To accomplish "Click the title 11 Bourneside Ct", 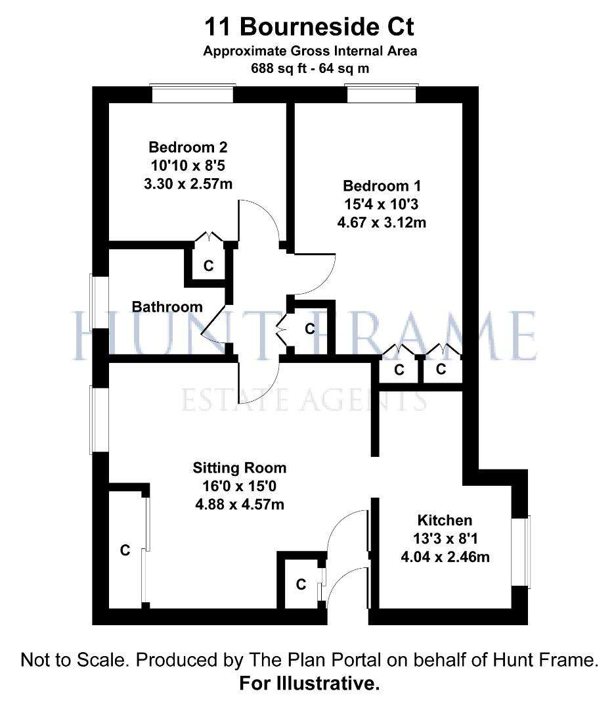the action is click(309, 27).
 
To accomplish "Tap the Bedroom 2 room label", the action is click(188, 147).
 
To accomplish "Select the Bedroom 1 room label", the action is click(382, 185).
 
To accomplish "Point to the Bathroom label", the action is click(167, 306).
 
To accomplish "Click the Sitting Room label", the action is click(239, 468).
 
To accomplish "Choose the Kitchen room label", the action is click(445, 520).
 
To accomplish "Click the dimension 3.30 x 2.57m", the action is click(188, 184).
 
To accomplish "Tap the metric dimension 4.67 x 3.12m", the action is click(382, 222).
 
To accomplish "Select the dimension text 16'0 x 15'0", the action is click(239, 486).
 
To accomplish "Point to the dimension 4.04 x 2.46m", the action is click(445, 557).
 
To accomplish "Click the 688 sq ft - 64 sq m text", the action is click(310, 68).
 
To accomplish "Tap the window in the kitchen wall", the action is click(521, 552).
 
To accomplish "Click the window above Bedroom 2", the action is click(193, 93).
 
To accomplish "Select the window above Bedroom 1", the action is click(382, 93).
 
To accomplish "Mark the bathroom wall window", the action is click(100, 302).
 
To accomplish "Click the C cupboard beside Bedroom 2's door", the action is click(208, 266).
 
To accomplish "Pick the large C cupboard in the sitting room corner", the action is click(125, 550).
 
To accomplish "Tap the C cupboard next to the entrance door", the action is click(301, 584).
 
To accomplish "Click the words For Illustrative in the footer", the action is click(309, 683).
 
